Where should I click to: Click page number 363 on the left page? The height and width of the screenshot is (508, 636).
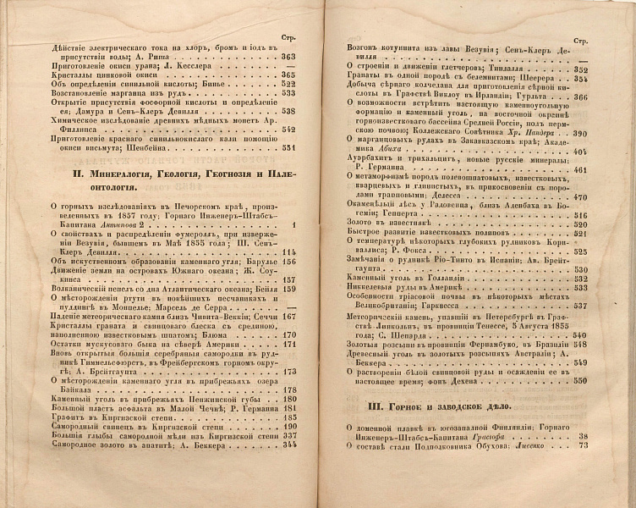pos(288,57)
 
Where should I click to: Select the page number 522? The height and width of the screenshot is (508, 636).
pos(288,84)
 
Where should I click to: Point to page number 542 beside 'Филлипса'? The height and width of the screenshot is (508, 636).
pos(288,129)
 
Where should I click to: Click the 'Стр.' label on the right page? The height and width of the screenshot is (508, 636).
pos(580,41)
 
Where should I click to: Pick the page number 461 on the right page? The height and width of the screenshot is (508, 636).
pos(580,169)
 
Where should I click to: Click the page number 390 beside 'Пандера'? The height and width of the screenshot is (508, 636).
pos(580,134)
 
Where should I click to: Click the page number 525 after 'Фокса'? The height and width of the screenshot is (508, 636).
pos(580,251)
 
